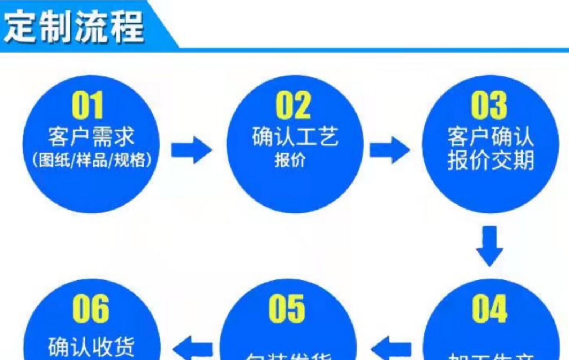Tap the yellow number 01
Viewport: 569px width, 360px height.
(x=88, y=105)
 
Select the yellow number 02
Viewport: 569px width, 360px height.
(x=293, y=105)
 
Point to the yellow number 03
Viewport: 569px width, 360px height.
(x=489, y=105)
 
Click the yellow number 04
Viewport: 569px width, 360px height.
(x=489, y=309)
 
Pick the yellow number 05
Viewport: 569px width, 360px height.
(x=287, y=309)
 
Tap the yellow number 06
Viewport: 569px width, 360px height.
(x=90, y=309)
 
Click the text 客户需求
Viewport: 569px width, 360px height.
(x=91, y=137)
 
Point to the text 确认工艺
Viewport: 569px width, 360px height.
(x=295, y=137)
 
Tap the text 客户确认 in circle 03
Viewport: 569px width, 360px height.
(x=490, y=137)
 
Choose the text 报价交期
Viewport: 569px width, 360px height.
(x=490, y=160)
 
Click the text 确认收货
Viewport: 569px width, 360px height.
(x=91, y=346)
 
